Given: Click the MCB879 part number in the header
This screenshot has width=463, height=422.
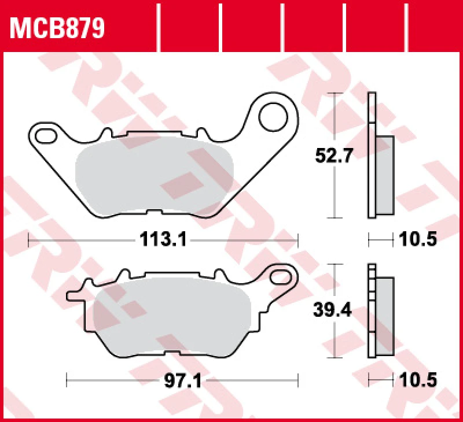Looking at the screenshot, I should (57, 27).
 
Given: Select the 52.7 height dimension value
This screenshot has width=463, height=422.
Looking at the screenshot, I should (333, 156).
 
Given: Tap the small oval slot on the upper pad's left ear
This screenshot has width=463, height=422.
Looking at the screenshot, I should (45, 136).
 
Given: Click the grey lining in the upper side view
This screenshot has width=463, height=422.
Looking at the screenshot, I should (384, 173).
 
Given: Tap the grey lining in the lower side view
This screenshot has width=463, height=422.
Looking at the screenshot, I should (384, 317).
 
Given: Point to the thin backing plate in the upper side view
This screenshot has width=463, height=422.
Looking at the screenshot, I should (372, 156).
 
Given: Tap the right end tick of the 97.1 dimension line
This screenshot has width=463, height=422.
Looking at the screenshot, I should (298, 380).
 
